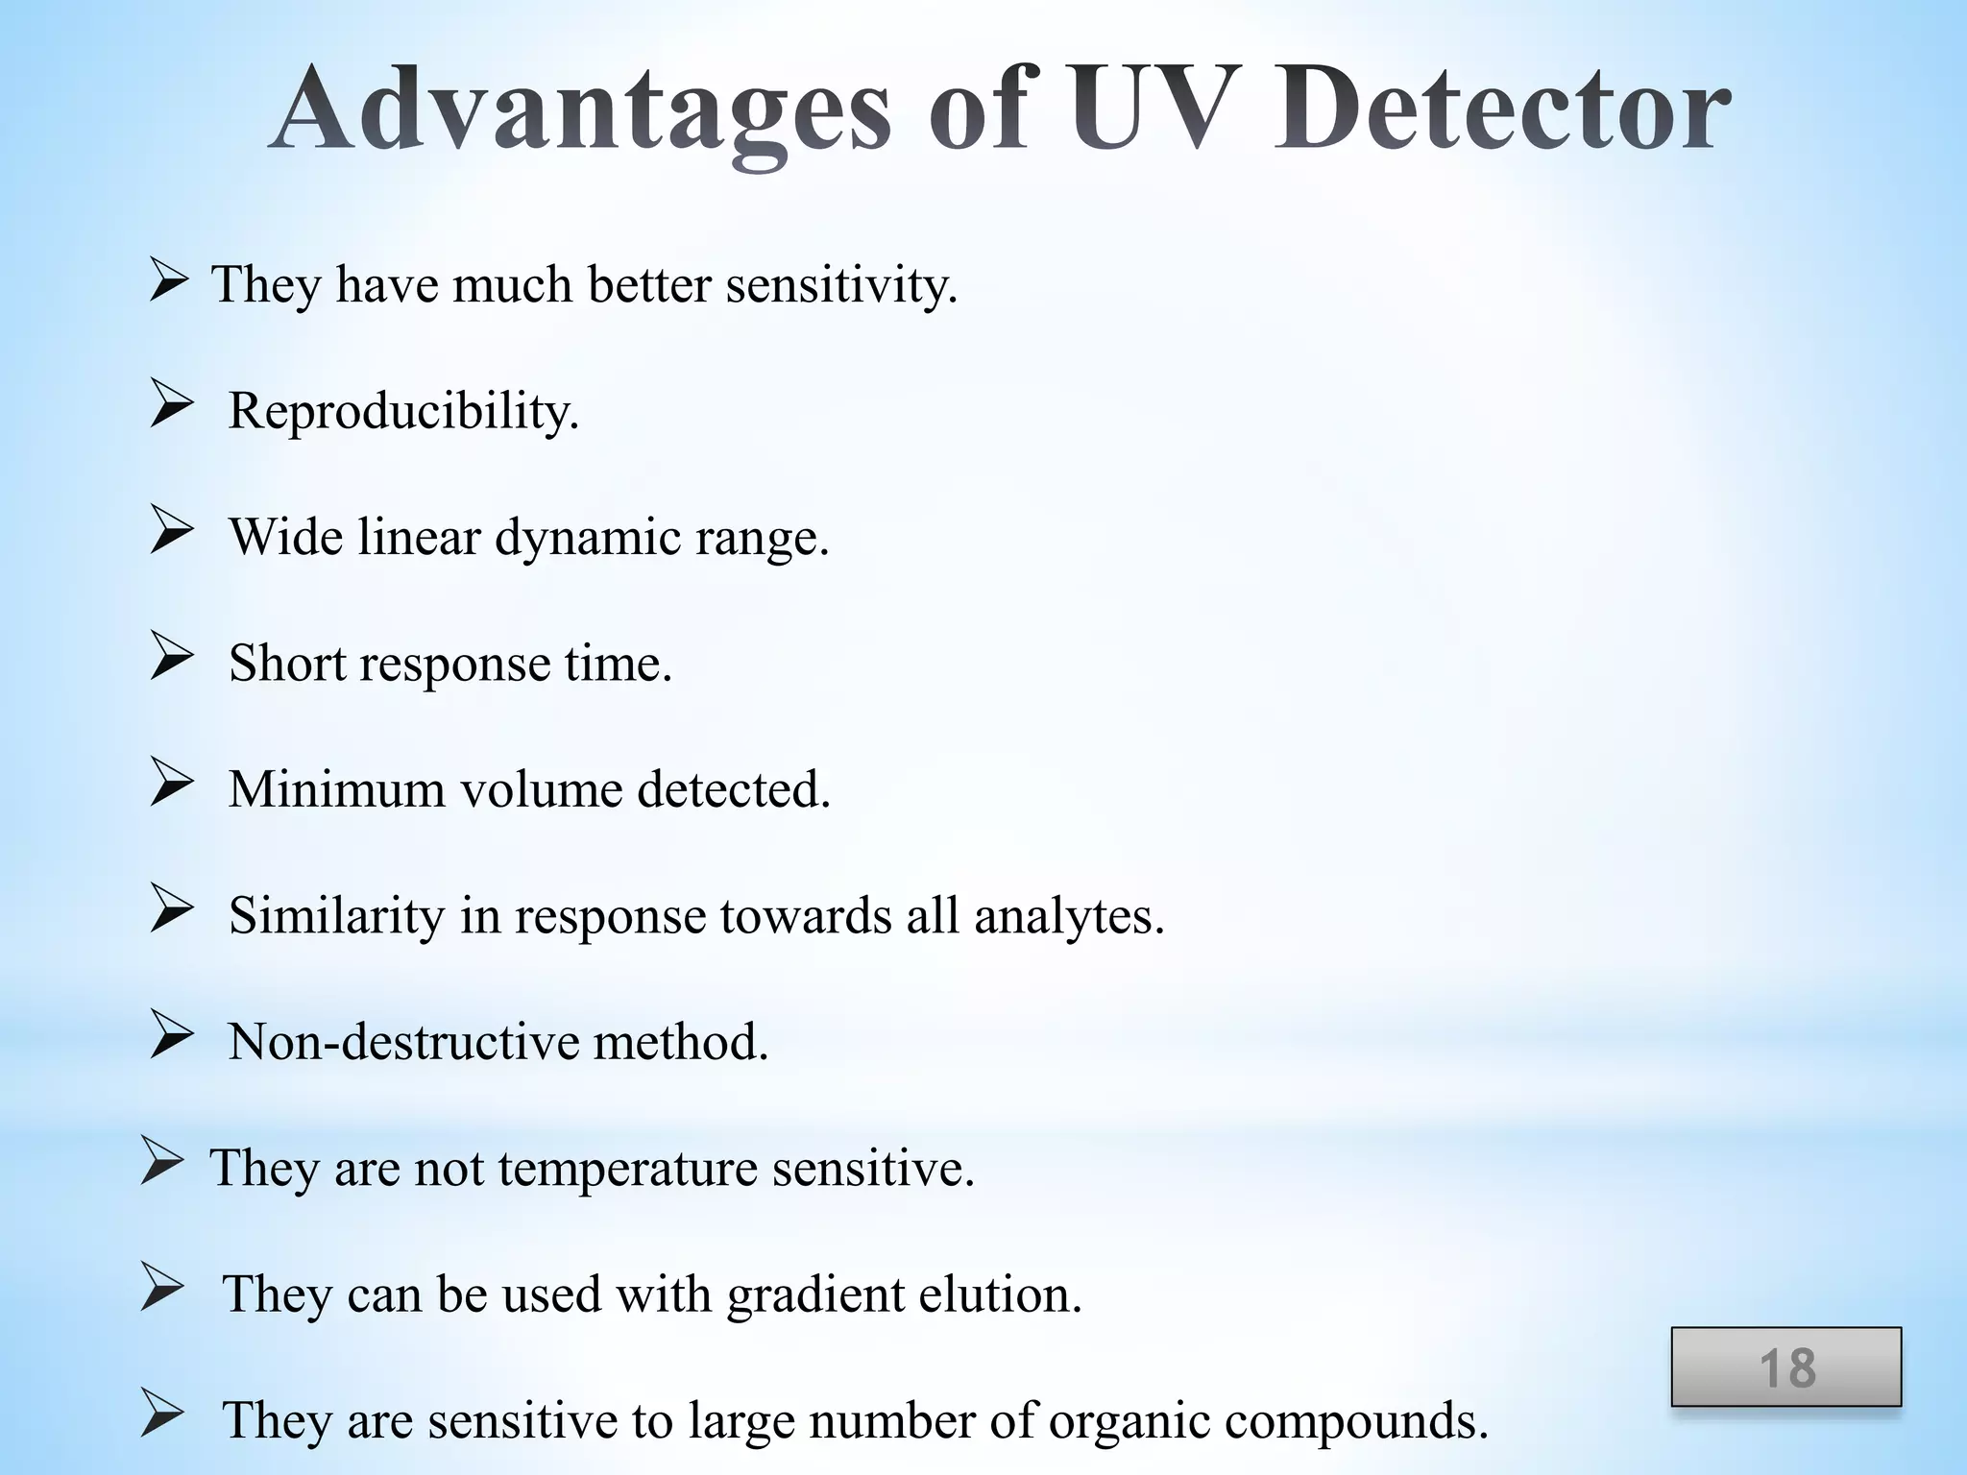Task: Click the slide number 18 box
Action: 1785,1367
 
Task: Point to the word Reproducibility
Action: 403,412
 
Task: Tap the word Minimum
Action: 336,789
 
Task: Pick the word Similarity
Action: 336,916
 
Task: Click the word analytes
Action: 1068,916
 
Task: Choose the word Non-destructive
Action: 404,1042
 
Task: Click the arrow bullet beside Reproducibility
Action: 172,405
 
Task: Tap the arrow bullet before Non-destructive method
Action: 172,1036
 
